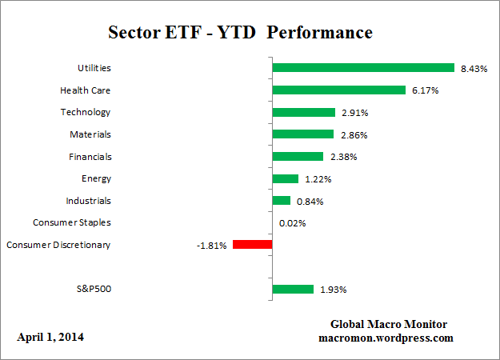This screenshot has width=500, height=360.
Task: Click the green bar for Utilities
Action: [363, 68]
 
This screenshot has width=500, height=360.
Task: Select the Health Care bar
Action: [339, 90]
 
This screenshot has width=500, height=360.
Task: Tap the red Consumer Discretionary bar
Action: [253, 245]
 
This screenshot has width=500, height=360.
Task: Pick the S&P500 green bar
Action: [293, 289]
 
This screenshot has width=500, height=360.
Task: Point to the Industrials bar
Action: [282, 201]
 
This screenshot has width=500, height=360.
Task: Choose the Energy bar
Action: [286, 178]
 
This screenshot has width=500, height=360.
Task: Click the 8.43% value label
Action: [473, 68]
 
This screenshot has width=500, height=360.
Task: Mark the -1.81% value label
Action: [211, 245]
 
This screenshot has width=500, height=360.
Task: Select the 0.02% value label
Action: [293, 223]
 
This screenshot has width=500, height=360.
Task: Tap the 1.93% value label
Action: [334, 289]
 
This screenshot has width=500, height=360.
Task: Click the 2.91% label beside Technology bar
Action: [354, 113]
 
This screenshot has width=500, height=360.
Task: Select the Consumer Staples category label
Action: [72, 222]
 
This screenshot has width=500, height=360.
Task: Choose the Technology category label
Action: [86, 113]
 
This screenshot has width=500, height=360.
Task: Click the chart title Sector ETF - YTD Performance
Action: [240, 34]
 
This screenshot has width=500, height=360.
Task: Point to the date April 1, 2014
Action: [50, 337]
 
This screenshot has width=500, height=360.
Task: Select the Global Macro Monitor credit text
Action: [389, 324]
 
